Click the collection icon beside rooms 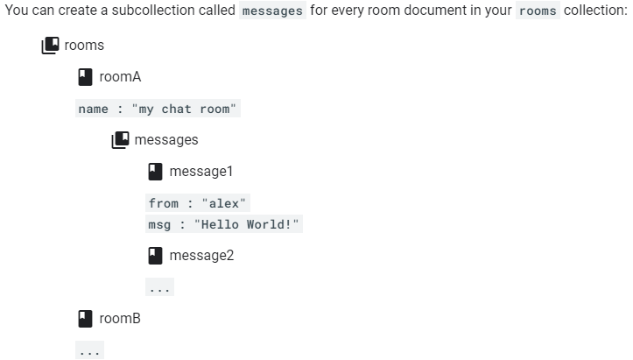(51, 45)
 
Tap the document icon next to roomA (86, 77)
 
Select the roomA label (120, 77)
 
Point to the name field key (93, 109)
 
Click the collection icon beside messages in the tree (121, 139)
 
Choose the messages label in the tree (166, 140)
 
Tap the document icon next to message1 (156, 171)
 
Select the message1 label (201, 171)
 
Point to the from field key (164, 203)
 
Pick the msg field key (159, 224)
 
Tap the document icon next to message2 (156, 256)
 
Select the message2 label (201, 256)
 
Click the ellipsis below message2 (159, 287)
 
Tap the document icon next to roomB (86, 319)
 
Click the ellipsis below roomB (88, 350)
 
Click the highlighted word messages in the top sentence (272, 11)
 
